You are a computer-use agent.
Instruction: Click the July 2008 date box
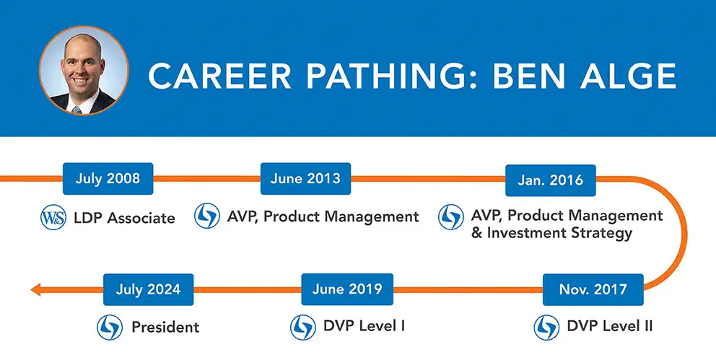(108, 178)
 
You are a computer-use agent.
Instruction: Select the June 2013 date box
(305, 178)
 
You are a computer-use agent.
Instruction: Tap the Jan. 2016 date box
(550, 180)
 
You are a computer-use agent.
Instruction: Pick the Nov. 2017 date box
(593, 289)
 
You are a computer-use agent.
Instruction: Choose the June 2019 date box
(347, 289)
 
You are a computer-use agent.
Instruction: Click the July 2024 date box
(149, 289)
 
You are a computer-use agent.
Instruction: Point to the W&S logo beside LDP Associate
(53, 218)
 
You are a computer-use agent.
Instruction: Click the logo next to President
(110, 327)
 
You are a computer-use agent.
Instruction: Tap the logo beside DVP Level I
(302, 327)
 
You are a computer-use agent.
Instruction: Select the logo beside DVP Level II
(546, 327)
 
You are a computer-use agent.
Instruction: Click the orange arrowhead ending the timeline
(35, 289)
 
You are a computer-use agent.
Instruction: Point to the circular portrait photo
(84, 71)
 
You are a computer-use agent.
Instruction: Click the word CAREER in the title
(219, 76)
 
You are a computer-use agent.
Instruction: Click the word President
(165, 327)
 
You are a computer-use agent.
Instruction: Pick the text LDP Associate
(124, 218)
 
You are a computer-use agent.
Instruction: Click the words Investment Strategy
(559, 233)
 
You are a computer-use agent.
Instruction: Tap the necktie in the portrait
(77, 110)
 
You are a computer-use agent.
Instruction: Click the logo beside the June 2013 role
(207, 216)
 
